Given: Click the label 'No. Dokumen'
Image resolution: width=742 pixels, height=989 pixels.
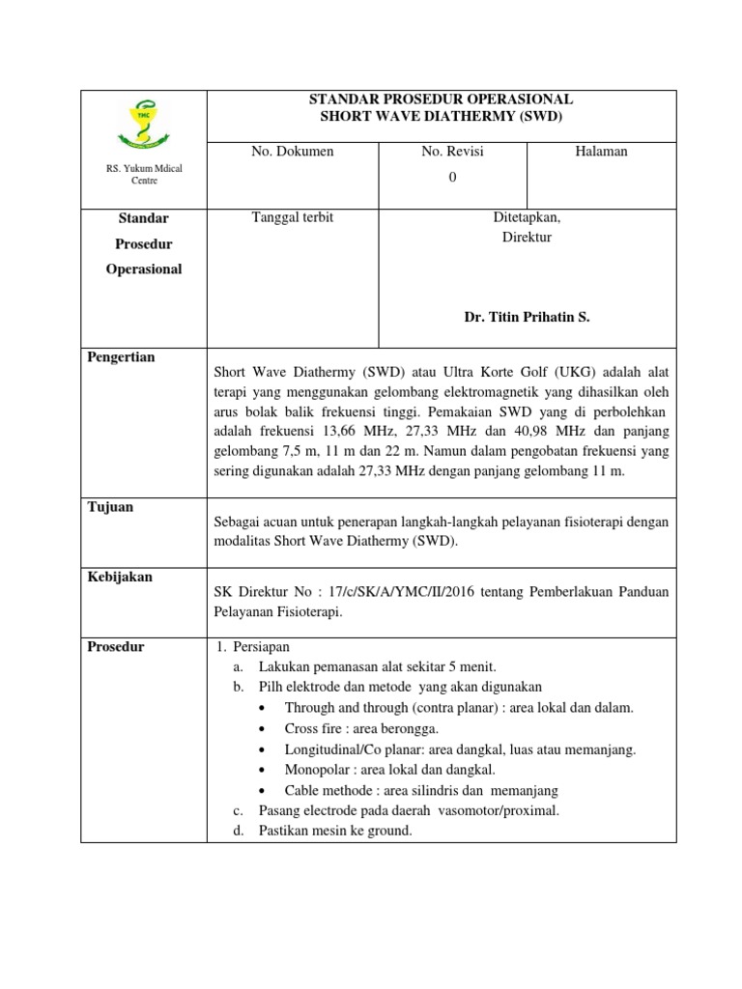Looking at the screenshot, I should [x=293, y=152].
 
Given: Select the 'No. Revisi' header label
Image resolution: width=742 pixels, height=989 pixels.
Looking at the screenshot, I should [x=452, y=152].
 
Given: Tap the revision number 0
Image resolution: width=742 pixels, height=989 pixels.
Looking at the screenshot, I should [x=452, y=176].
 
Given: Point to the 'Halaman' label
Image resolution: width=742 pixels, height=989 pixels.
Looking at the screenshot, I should [x=601, y=152].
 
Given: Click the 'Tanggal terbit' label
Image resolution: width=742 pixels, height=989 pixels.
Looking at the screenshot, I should [x=292, y=218].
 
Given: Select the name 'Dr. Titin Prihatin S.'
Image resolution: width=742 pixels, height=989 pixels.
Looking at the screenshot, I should [x=527, y=317].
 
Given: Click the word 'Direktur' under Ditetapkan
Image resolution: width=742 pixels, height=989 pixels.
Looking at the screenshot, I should [x=527, y=238].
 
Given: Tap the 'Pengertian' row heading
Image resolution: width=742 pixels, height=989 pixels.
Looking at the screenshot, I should [x=122, y=357].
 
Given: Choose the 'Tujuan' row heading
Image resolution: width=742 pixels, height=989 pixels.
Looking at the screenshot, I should [x=110, y=507].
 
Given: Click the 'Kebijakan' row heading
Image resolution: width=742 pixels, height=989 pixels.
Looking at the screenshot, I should [x=119, y=578].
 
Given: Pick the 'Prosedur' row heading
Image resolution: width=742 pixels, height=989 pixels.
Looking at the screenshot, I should [x=117, y=647].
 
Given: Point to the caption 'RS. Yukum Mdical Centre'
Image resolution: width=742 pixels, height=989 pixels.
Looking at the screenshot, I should [x=144, y=175].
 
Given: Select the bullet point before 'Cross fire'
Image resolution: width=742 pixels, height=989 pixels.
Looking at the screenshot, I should [x=266, y=729].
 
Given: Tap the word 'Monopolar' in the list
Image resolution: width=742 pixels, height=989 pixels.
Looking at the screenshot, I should [x=316, y=770].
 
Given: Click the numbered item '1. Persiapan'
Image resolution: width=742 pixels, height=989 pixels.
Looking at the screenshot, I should [x=255, y=647].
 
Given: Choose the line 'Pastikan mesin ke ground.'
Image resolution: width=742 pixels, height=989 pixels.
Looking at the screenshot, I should [x=335, y=830].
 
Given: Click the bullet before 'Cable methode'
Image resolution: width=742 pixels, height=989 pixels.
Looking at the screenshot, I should [x=266, y=790].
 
